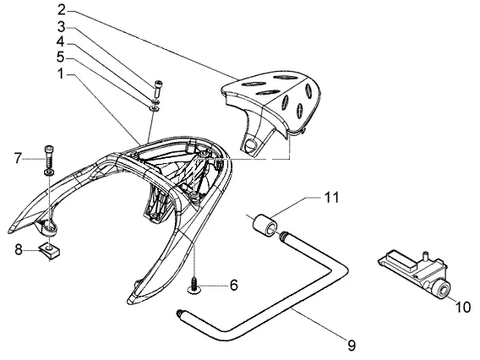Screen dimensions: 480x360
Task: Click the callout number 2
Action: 62,10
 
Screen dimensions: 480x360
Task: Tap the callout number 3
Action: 62,27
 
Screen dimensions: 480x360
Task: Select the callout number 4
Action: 61,42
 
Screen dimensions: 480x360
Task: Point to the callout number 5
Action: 61,57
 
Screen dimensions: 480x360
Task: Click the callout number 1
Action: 61,74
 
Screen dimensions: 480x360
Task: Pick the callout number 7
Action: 18,159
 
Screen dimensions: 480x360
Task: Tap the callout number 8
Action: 19,250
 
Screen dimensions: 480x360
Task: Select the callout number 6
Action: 233,286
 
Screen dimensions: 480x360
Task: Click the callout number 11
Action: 331,198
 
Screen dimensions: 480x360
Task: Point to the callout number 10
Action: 463,307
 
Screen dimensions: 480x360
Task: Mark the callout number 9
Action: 352,346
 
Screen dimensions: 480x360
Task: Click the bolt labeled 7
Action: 49,155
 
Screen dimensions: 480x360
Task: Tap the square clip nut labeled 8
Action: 49,250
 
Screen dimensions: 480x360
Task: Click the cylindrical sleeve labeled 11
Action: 265,226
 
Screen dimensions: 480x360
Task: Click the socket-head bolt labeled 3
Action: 158,90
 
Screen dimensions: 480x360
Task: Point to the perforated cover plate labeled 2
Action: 270,107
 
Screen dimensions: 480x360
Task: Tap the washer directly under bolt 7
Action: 49,173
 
